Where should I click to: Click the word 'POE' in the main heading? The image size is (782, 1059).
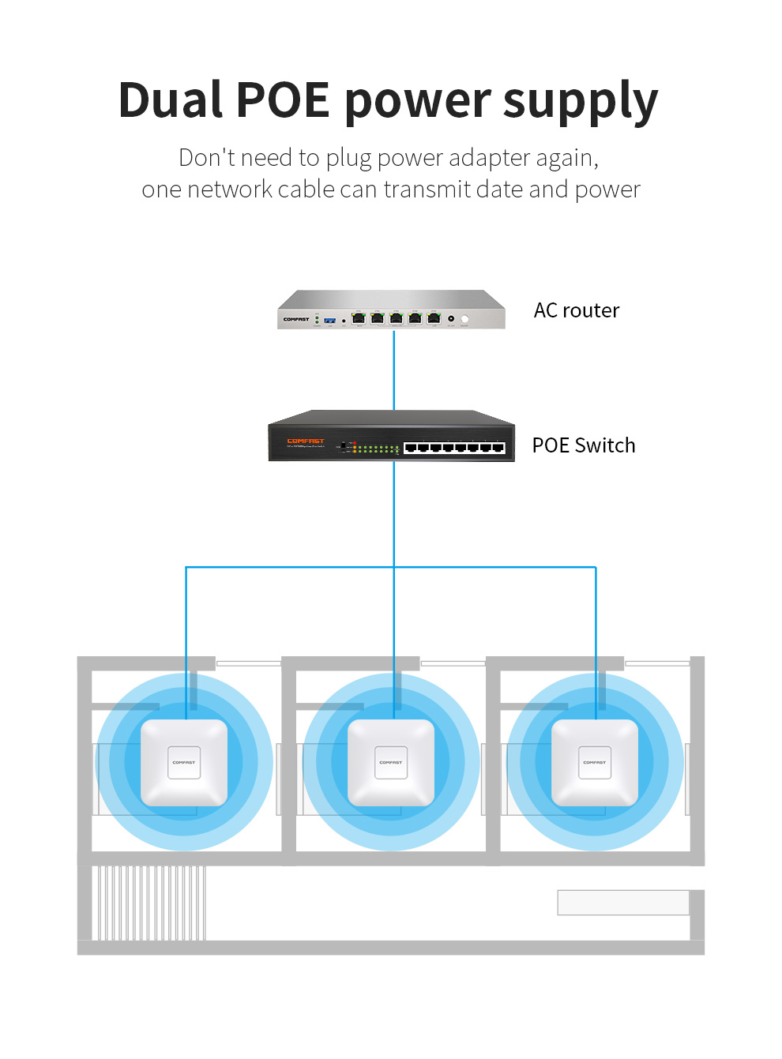click(283, 101)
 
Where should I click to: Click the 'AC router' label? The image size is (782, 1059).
click(577, 310)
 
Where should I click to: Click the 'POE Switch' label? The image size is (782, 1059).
click(584, 445)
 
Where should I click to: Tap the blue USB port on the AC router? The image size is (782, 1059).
click(329, 320)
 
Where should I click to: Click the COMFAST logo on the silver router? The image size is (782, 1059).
click(296, 319)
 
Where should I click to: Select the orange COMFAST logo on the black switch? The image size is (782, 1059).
click(306, 441)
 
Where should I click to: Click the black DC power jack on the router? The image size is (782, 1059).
click(451, 318)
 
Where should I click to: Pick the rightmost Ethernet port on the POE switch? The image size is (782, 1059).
click(498, 448)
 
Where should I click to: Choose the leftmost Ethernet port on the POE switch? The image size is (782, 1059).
click(411, 448)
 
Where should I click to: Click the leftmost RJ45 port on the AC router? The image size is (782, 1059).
click(359, 318)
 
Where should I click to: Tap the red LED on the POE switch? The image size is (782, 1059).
click(355, 443)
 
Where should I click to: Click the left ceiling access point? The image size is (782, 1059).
click(184, 763)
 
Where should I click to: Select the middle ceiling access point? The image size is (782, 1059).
click(391, 763)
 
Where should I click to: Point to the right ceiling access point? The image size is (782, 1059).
click(595, 763)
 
